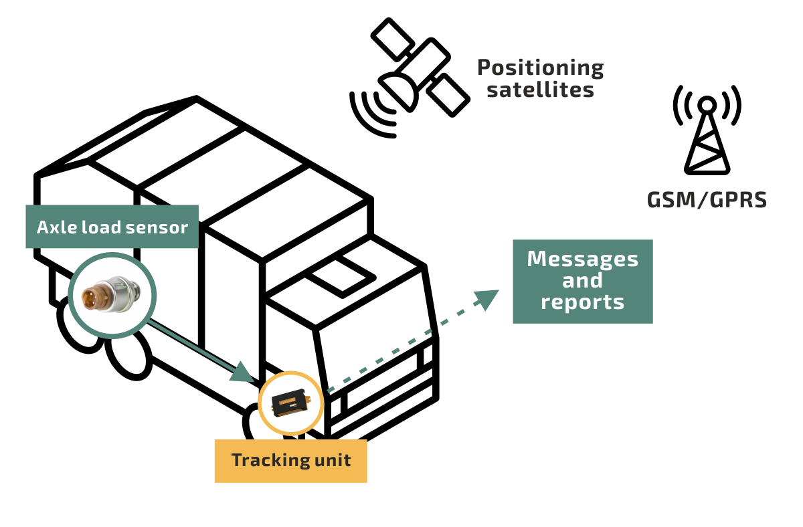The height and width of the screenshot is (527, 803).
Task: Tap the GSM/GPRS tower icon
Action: coord(707,137)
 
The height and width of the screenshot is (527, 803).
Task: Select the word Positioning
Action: coord(540,68)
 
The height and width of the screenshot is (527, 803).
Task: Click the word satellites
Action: coord(540,90)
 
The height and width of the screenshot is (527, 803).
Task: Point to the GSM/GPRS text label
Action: coord(707,199)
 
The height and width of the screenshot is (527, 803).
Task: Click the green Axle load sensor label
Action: coord(112,227)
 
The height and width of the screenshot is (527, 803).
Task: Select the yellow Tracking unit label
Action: coord(290,461)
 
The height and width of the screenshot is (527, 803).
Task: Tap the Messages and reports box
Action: coord(582,281)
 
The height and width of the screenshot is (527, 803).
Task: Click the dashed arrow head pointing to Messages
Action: coord(487,298)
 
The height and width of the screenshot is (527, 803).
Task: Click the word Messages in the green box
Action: coord(582,259)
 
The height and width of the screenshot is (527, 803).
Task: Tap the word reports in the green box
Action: coord(582,302)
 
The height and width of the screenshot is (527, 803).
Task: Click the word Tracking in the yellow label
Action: coord(264,461)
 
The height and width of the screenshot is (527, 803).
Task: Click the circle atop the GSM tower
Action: coord(707,104)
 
